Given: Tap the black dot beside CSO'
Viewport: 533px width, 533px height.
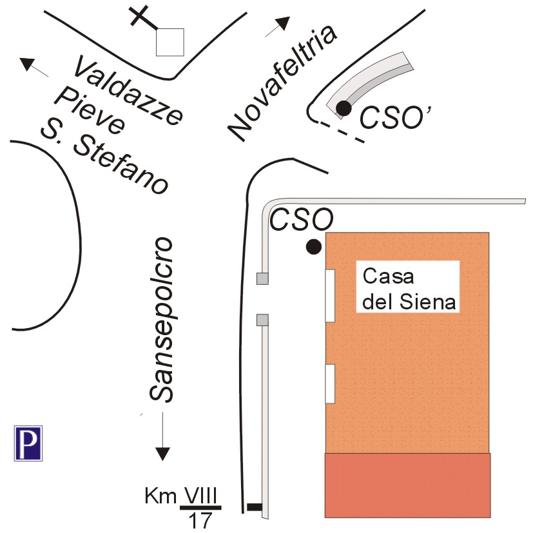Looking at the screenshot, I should tap(344, 108).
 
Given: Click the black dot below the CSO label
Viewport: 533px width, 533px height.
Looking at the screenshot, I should tap(314, 246).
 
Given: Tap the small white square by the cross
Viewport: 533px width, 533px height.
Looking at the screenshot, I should tap(170, 42).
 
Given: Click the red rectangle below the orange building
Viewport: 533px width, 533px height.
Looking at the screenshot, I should tap(407, 485).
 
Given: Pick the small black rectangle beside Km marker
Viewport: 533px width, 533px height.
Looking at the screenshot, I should tap(255, 507).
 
